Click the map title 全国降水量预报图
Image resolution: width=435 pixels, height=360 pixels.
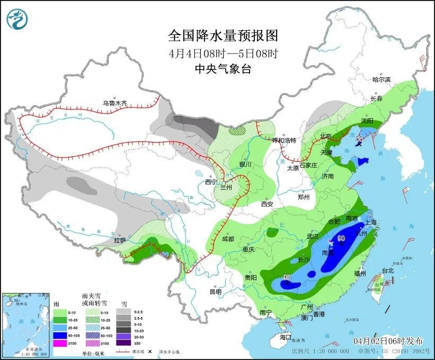(x=223, y=36)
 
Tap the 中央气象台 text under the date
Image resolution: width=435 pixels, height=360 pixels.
(x=223, y=68)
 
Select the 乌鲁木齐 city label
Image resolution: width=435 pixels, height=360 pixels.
(x=115, y=103)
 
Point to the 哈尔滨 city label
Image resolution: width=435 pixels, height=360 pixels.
(x=381, y=80)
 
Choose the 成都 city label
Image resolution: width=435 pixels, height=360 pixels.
(x=228, y=239)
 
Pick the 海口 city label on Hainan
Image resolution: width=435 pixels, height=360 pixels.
(x=286, y=337)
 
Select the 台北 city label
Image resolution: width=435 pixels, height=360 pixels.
(x=388, y=270)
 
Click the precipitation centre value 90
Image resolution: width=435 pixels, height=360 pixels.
(x=341, y=239)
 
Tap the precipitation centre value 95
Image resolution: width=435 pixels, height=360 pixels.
(x=287, y=278)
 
